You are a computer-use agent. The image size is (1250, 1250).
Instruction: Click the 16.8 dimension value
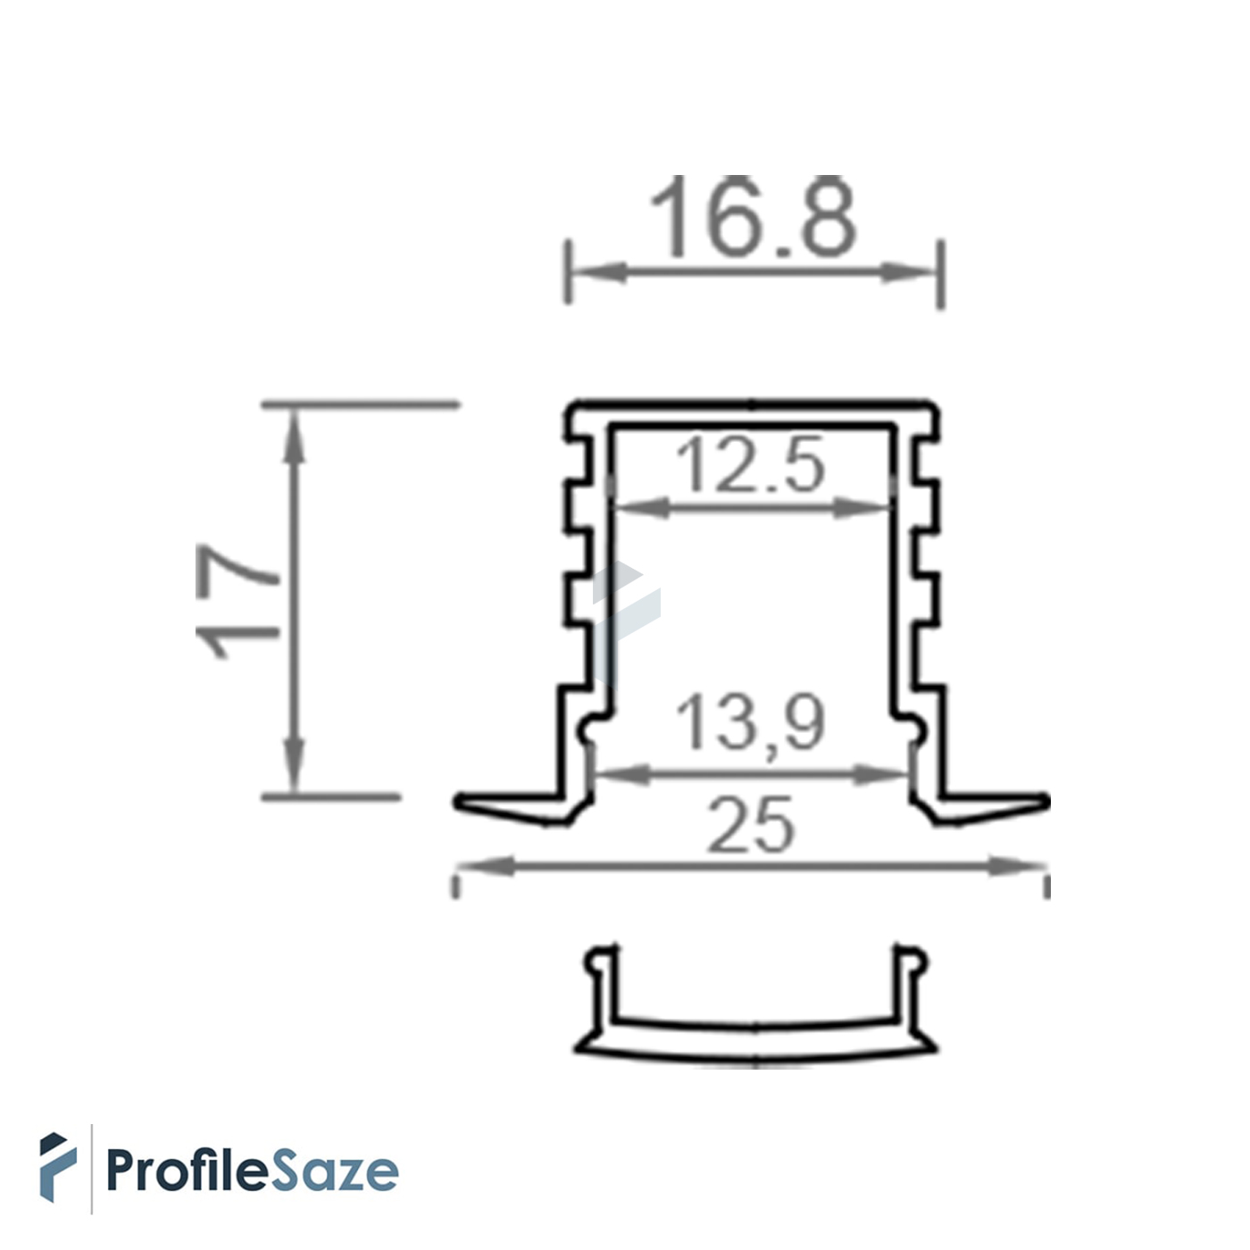(754, 217)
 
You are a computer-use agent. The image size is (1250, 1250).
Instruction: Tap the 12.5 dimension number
(751, 464)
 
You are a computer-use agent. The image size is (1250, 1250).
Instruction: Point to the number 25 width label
(751, 825)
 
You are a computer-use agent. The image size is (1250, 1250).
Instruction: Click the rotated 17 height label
(237, 601)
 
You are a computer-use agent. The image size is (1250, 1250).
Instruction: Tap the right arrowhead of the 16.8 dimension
(908, 271)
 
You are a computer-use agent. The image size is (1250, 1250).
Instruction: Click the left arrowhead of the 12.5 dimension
(642, 509)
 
